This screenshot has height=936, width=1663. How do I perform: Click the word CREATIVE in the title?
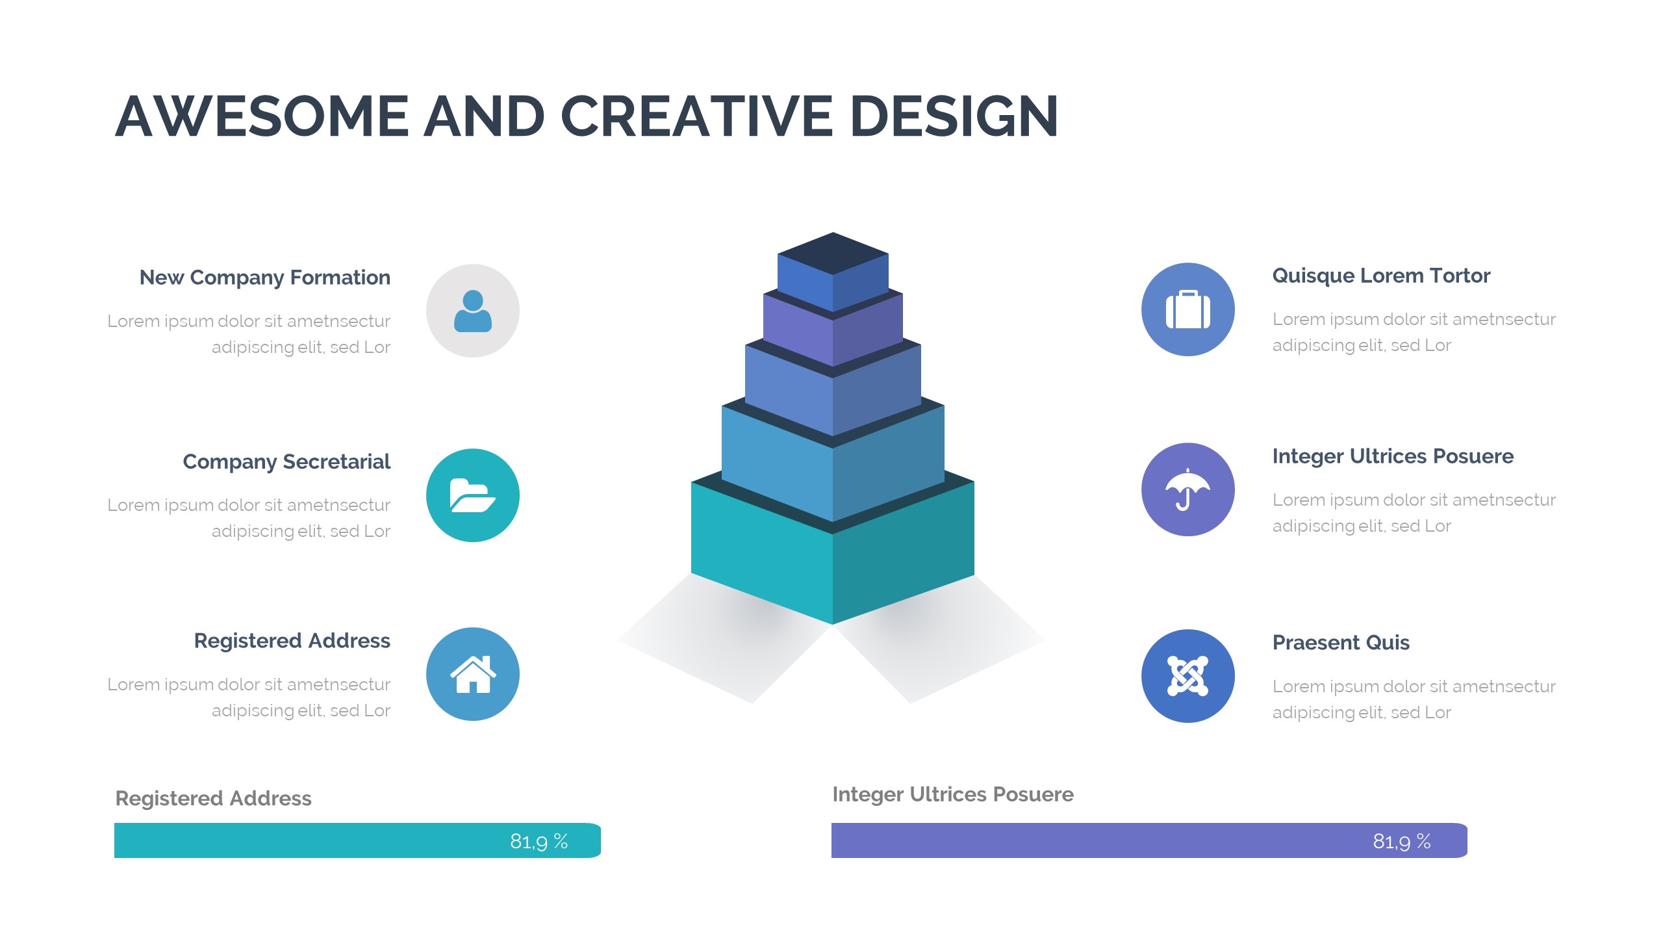(696, 116)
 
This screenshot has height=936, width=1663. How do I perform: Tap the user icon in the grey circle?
(473, 311)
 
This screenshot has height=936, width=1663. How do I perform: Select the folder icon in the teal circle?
(473, 495)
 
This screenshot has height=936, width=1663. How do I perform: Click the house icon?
(473, 674)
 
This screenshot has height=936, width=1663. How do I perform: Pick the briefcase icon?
(1188, 309)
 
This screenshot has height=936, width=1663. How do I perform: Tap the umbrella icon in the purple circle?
(1187, 489)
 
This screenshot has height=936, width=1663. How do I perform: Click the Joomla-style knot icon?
(1188, 676)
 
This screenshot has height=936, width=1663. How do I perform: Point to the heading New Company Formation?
(265, 278)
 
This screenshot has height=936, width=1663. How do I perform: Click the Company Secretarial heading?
(286, 461)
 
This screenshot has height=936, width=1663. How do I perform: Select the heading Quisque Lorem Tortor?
(1381, 276)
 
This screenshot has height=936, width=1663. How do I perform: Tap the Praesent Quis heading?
(1341, 642)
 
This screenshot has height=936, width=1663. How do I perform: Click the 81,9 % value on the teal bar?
(539, 842)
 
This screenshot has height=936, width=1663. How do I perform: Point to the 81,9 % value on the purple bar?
(1402, 842)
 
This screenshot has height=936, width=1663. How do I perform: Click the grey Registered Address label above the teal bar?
(213, 798)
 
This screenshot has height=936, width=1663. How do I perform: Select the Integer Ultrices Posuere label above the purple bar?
(953, 794)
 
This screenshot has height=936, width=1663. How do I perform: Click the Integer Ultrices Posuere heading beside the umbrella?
(1393, 456)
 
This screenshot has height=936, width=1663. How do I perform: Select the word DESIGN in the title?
(954, 116)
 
